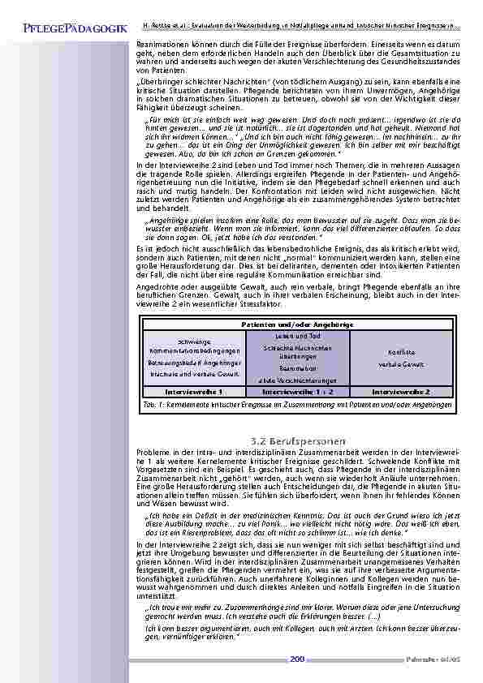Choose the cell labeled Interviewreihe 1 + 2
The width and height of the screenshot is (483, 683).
click(296, 390)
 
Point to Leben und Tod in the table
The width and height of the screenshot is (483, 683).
click(296, 336)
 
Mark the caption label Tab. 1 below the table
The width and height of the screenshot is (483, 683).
click(152, 403)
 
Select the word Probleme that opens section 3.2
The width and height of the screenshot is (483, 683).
click(153, 450)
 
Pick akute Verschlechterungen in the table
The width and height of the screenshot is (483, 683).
click(296, 380)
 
